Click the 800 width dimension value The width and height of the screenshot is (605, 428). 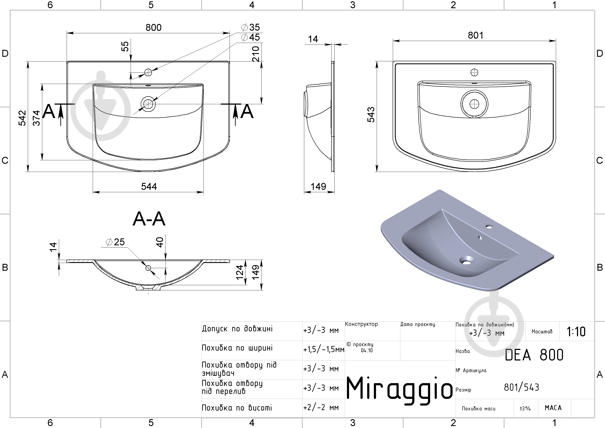pos(154,27)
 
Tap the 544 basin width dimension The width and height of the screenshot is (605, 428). pos(149,187)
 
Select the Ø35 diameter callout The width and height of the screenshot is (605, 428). pos(250,27)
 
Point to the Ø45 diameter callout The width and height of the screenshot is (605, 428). pos(250,37)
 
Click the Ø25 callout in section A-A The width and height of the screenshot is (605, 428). pos(115,242)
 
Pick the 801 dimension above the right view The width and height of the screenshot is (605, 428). pos(476,35)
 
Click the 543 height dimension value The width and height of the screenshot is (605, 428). pos(371,115)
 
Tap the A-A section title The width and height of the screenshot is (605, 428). pos(149,219)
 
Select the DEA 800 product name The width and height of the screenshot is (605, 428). pos(534,355)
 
